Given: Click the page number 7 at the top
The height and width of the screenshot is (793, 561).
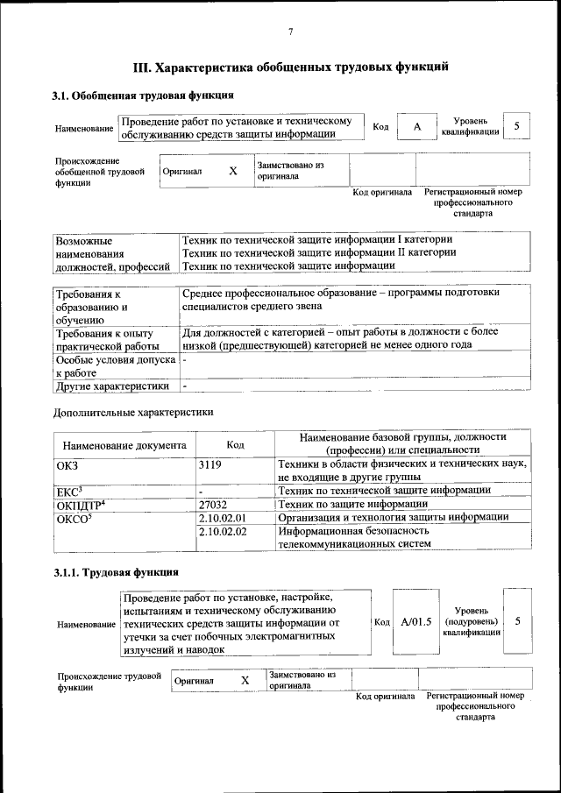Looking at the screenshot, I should (x=290, y=32).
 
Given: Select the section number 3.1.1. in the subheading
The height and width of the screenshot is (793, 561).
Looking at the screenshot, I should (x=68, y=572).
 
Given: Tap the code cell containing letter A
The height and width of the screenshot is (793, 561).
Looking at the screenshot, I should (x=417, y=127).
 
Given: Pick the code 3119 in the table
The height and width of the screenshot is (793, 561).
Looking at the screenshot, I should (x=210, y=464).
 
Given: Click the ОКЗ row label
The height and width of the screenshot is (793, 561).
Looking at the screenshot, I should (x=67, y=464).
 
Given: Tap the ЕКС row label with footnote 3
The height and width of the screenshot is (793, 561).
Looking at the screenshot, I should (x=68, y=491).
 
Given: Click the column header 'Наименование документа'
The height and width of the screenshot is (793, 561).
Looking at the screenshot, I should (x=124, y=444).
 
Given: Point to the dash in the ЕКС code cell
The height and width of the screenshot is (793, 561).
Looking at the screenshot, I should (x=201, y=492).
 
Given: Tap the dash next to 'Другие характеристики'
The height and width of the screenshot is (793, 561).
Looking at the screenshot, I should (x=185, y=386).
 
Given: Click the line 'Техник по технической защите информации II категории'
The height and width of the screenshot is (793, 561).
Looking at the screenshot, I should (x=318, y=252).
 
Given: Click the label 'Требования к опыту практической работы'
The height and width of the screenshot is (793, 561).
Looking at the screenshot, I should (x=104, y=339).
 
